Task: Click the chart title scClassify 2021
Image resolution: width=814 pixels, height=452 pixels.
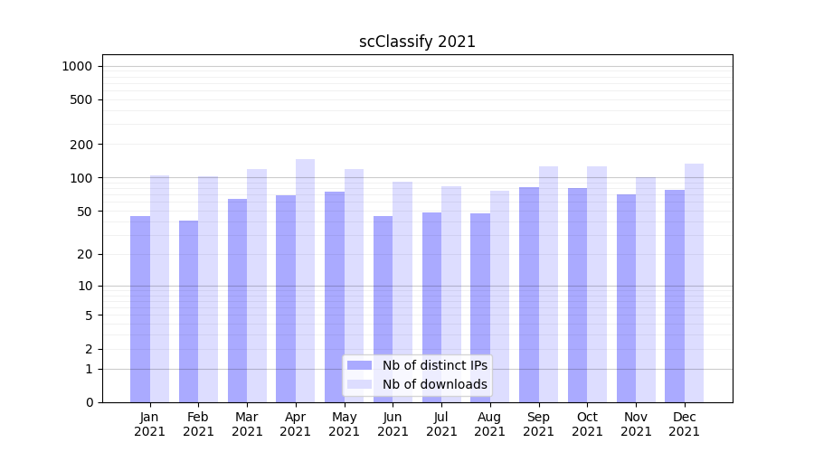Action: (417, 42)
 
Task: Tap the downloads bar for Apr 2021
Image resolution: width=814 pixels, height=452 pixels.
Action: (306, 280)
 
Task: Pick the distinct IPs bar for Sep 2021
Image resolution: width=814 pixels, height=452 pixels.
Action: (529, 295)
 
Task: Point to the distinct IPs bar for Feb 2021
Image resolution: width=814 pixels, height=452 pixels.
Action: (189, 311)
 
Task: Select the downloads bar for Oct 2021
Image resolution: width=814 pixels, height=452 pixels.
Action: (597, 284)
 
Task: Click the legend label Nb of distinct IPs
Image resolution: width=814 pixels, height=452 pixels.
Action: (435, 365)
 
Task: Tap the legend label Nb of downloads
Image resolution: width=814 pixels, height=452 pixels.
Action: (435, 384)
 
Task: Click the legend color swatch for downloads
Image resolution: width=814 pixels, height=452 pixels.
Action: (360, 384)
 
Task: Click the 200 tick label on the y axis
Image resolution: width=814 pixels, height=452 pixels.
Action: (80, 145)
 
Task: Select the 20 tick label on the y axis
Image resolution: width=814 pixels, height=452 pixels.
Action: (84, 254)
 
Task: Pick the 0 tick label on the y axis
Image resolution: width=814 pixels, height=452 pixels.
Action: (89, 402)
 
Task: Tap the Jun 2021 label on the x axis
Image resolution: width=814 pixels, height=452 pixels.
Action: (393, 424)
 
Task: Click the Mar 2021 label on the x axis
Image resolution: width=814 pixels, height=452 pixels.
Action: (247, 424)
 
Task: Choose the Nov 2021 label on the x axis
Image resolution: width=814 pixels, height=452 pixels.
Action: (636, 424)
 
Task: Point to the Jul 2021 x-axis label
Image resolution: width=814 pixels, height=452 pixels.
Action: (441, 424)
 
